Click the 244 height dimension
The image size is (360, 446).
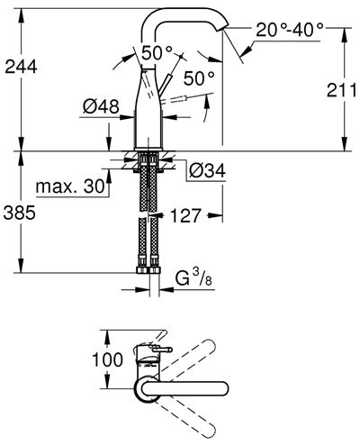pyautogui.click(x=21, y=67)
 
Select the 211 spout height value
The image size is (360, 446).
pyautogui.click(x=342, y=90)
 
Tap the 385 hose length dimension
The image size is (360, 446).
pyautogui.click(x=20, y=213)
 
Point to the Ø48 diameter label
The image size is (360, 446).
pyautogui.click(x=101, y=106)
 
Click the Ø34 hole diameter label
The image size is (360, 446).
pyautogui.click(x=207, y=171)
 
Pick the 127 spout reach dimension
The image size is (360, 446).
pyautogui.click(x=185, y=215)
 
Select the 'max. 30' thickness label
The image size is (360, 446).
pyautogui.click(x=70, y=187)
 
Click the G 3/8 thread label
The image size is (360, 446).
pyautogui.click(x=194, y=278)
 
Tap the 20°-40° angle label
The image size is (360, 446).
pyautogui.click(x=290, y=30)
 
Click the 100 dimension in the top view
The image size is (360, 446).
pyautogui.click(x=107, y=360)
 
